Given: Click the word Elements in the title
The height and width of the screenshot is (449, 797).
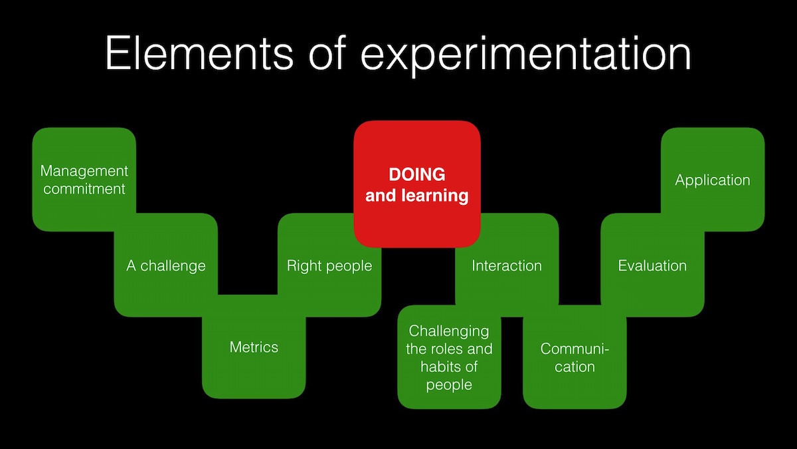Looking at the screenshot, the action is click(x=199, y=53).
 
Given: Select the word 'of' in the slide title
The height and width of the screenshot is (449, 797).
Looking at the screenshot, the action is click(x=327, y=53).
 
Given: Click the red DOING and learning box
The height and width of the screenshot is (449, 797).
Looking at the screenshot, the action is click(x=417, y=184).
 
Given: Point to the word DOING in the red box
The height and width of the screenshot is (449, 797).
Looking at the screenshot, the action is click(x=417, y=174).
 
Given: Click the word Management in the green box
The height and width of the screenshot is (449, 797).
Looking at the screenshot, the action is click(x=84, y=172).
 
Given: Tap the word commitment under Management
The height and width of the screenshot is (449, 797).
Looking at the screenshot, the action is click(x=84, y=189).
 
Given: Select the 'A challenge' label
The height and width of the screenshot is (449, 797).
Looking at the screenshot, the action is click(x=166, y=266).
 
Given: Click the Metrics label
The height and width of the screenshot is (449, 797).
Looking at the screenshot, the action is click(x=254, y=347).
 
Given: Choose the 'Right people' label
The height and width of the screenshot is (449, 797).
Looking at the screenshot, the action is click(x=329, y=266).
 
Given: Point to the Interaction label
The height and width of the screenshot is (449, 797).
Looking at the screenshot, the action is click(x=507, y=266).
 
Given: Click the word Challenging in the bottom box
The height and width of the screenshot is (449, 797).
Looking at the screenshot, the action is click(x=449, y=332).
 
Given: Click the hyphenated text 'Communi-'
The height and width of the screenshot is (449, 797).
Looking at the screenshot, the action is click(x=575, y=349).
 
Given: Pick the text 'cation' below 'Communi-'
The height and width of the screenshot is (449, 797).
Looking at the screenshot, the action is click(x=575, y=367).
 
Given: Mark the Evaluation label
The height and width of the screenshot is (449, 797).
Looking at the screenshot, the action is click(x=652, y=266).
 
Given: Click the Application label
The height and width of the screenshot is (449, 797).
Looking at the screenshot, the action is click(x=713, y=181).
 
